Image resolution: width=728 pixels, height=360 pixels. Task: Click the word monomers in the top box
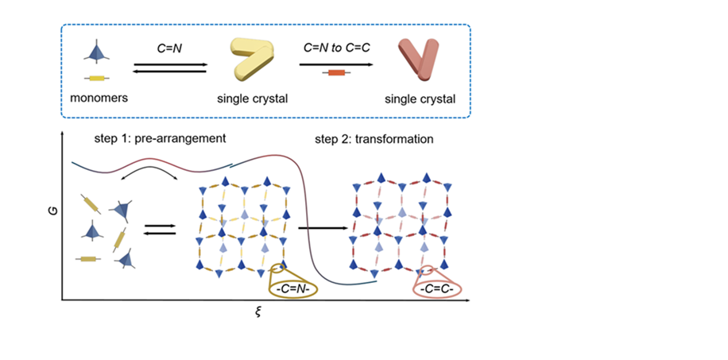99,99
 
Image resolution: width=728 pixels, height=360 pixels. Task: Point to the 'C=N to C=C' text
335,49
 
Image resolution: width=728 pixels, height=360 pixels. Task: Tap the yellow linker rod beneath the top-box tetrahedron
97,78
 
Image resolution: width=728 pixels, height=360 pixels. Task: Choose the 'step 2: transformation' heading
374,138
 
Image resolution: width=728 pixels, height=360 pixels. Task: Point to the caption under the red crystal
420,99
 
